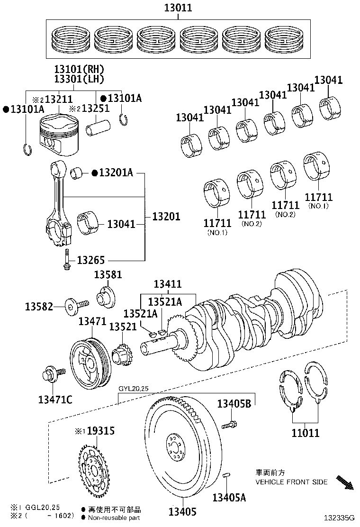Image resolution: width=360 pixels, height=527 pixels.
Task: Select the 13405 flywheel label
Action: click(181, 511)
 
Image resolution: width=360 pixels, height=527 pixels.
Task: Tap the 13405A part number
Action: click(229, 497)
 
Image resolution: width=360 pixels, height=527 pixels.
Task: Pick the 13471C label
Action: click(55, 400)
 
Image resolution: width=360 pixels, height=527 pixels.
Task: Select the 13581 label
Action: click(108, 275)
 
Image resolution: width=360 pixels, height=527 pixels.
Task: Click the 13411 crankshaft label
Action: click(167, 284)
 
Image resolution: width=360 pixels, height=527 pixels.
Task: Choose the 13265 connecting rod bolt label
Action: click(90, 260)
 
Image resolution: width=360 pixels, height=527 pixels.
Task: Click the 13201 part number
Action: click(166, 216)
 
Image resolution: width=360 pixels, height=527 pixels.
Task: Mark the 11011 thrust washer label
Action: click(305, 432)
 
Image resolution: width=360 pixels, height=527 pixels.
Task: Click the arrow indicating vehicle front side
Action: click(344, 482)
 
